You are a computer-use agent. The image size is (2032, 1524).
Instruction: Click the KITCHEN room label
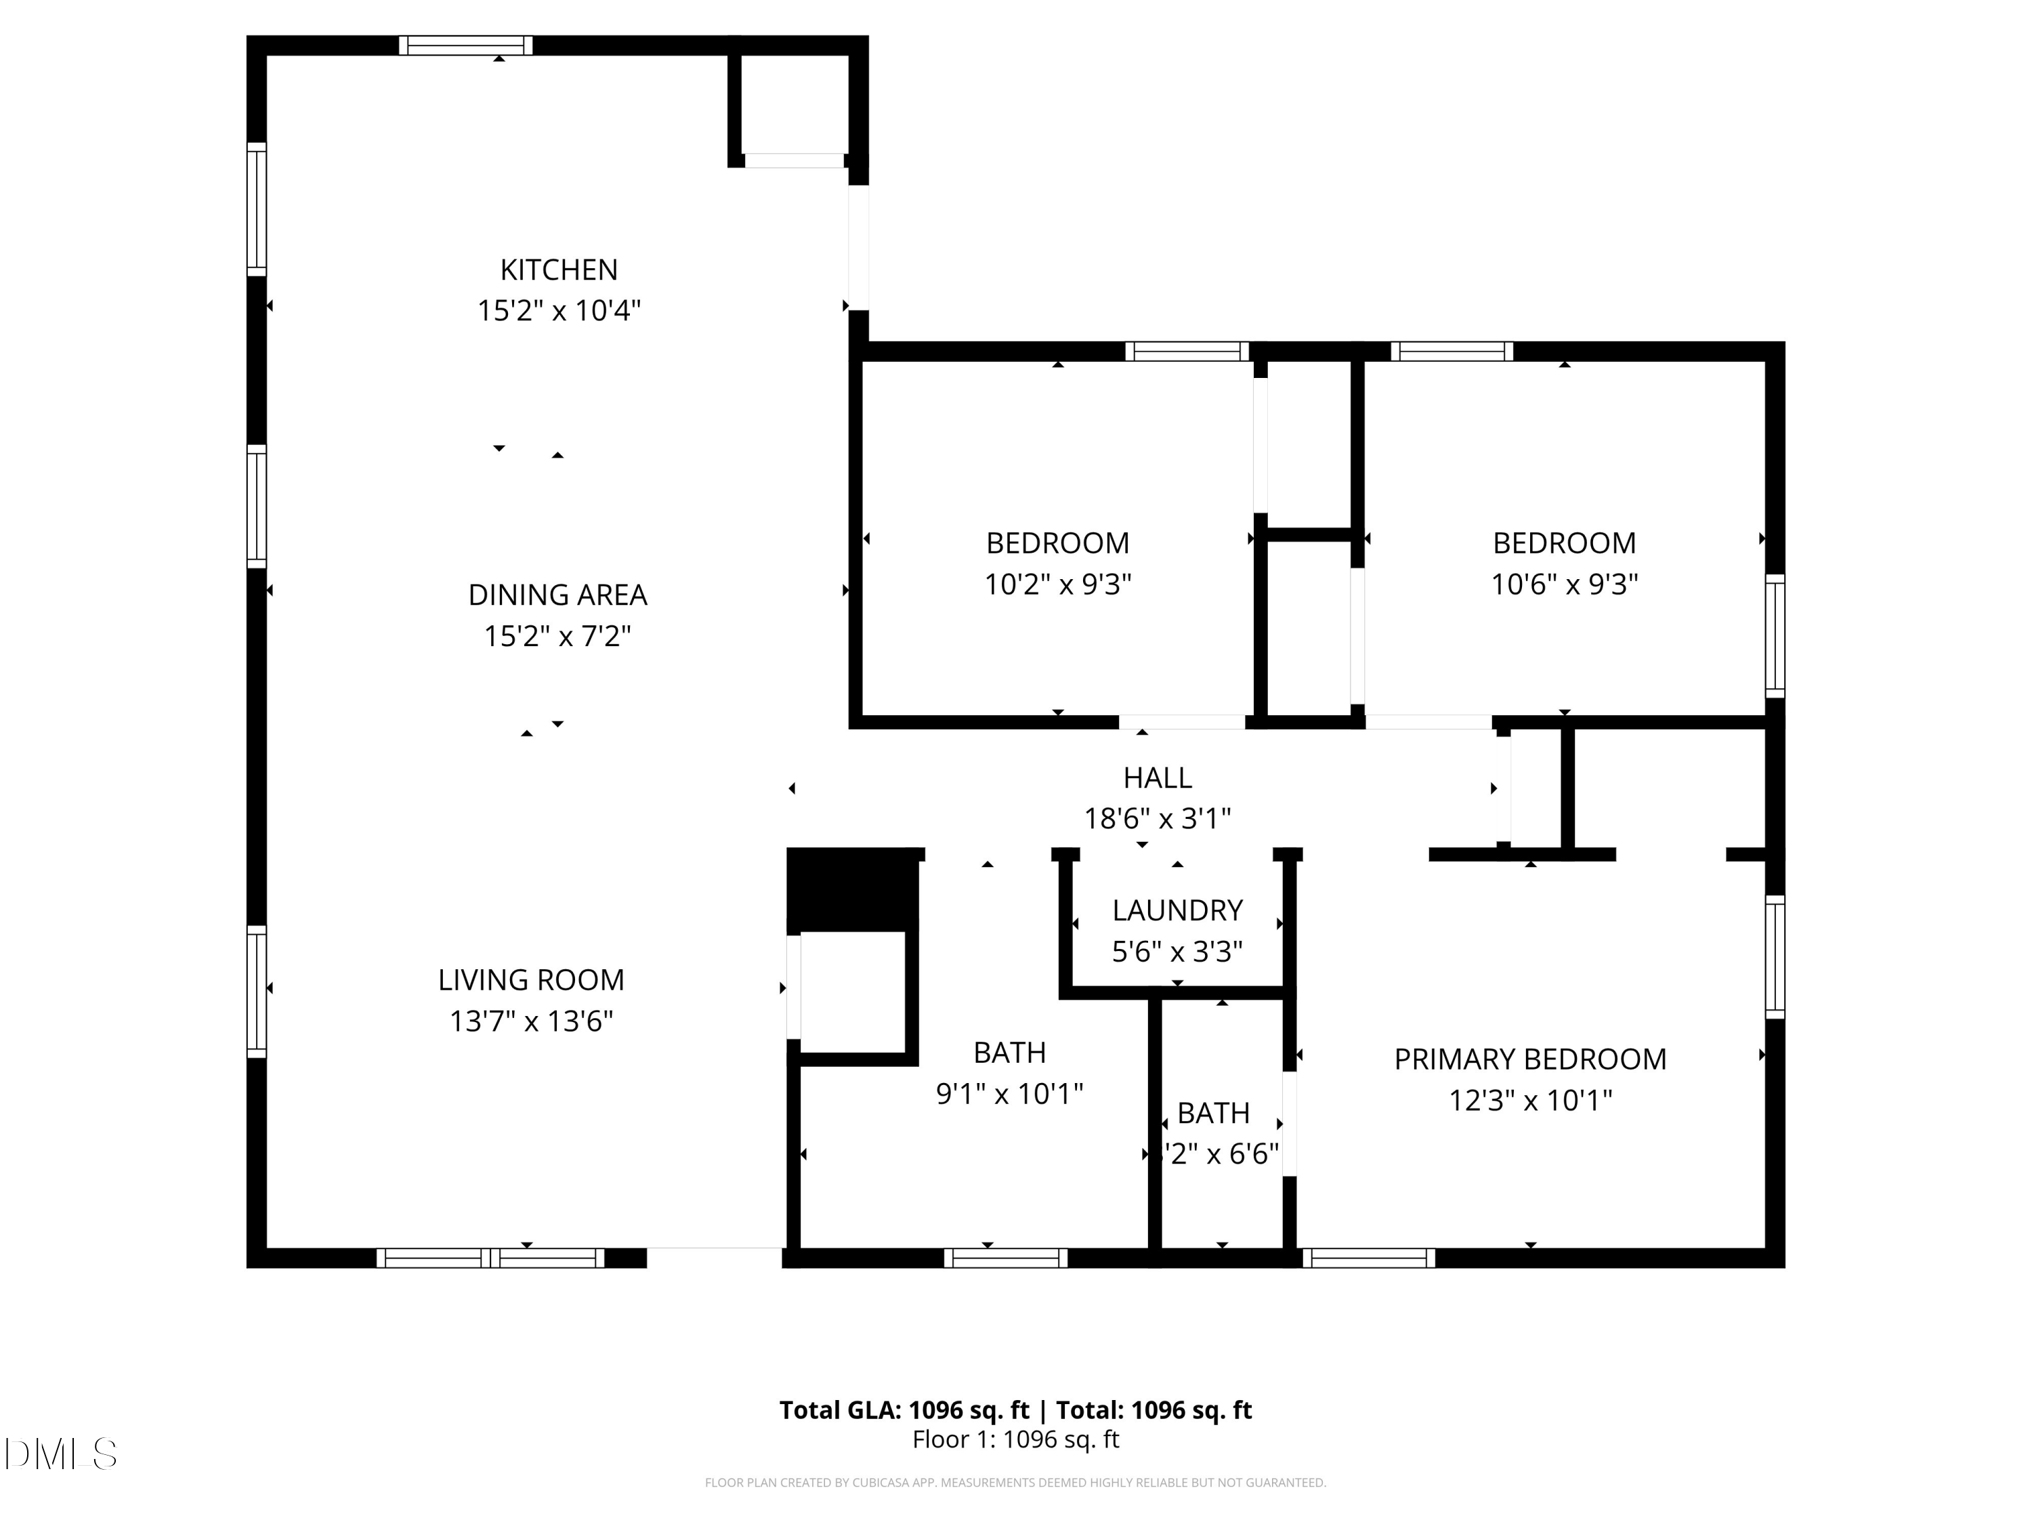[559, 269]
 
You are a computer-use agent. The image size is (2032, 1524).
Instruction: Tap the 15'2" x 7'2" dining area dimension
[557, 636]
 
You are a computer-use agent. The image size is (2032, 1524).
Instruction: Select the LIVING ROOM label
[531, 979]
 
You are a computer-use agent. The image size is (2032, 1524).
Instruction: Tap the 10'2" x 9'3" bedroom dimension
[1057, 585]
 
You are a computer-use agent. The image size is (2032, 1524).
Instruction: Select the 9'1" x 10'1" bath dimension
[1009, 1093]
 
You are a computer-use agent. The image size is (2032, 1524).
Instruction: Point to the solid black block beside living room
[853, 887]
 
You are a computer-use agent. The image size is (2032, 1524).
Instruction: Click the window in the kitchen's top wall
[466, 45]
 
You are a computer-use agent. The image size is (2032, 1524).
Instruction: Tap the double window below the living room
[490, 1258]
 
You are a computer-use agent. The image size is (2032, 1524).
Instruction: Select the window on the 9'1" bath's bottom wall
[1005, 1258]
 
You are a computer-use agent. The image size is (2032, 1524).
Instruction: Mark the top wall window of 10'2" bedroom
[1187, 351]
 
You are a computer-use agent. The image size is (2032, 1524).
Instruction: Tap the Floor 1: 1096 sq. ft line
[1015, 1439]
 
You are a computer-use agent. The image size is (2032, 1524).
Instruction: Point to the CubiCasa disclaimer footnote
[1015, 1482]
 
